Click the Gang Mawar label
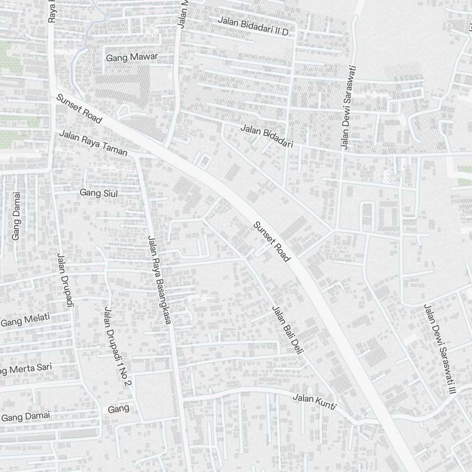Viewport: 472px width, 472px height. (132, 57)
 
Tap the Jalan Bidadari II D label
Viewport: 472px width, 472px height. (253, 26)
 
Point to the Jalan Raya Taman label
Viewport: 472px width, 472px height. (93, 143)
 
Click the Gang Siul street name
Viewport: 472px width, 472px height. (99, 193)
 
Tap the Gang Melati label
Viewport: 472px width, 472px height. (25, 320)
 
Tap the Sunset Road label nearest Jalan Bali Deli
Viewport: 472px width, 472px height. (271, 241)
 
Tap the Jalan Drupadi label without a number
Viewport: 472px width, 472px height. (66, 280)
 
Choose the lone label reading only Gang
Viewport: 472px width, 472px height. (118, 409)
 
